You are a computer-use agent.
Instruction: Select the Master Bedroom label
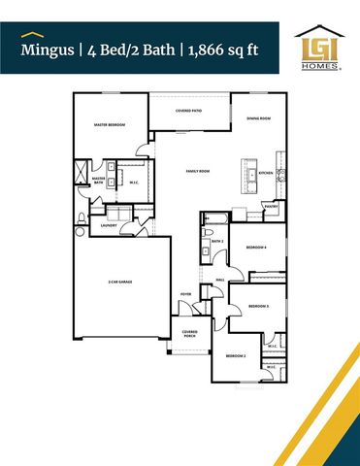pyautogui.click(x=110, y=125)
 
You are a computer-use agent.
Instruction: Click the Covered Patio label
pyautogui.click(x=189, y=112)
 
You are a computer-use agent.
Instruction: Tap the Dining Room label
pyautogui.click(x=258, y=118)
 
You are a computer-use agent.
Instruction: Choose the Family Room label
pyautogui.click(x=199, y=172)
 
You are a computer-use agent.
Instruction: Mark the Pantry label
pyautogui.click(x=271, y=206)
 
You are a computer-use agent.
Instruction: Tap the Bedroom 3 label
pyautogui.click(x=258, y=306)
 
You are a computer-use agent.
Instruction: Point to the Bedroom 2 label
pyautogui.click(x=237, y=356)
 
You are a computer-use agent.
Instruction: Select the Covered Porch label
pyautogui.click(x=190, y=334)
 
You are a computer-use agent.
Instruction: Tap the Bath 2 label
pyautogui.click(x=217, y=241)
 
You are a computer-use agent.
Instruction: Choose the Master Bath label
pyautogui.click(x=98, y=181)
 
